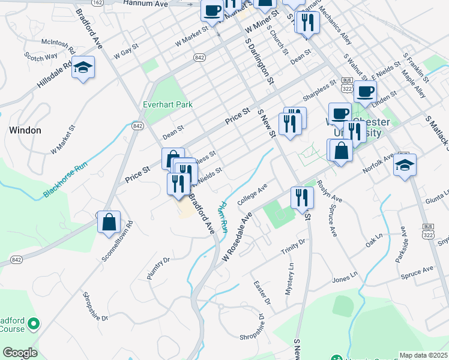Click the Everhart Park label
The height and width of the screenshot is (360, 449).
[167, 104]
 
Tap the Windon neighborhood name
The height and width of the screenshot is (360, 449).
[25, 130]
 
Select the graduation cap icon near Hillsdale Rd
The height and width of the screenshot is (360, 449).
[83, 68]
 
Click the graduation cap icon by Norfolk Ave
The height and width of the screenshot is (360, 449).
[405, 165]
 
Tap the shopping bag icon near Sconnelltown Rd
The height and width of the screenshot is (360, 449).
[109, 223]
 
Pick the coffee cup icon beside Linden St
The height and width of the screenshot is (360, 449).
[365, 92]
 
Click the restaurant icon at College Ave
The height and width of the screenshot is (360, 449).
[301, 198]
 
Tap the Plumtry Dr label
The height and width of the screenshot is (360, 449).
[159, 268]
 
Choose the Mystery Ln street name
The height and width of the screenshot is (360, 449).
[291, 275]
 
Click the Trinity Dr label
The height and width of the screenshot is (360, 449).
[294, 247]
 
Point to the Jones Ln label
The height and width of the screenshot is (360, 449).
[345, 280]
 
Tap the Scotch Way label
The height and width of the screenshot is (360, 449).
[41, 56]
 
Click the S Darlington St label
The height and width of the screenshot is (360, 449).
[259, 62]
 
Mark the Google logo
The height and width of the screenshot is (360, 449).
[20, 353]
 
